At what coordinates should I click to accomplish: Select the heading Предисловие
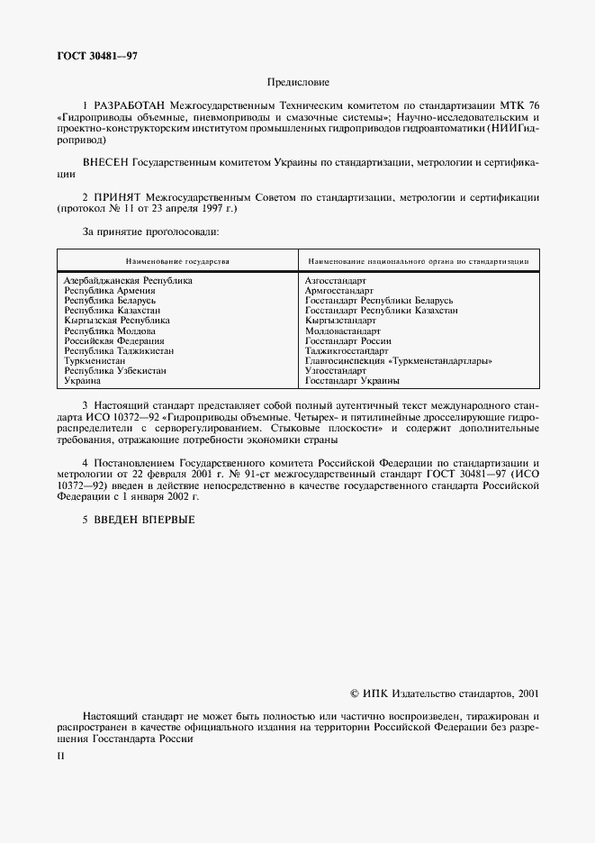click(x=297, y=82)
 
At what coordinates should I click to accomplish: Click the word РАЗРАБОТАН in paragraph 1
click(x=136, y=106)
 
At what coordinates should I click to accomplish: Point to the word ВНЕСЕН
click(x=105, y=163)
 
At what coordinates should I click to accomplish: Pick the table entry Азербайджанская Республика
click(x=128, y=280)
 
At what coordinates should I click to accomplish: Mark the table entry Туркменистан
click(x=95, y=360)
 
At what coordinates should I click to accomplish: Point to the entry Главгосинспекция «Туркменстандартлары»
click(x=398, y=360)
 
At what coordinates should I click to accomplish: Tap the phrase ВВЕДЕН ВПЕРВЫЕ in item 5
click(x=146, y=519)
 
